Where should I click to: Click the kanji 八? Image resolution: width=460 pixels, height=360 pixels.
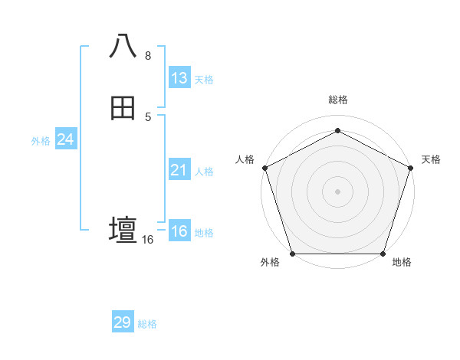click(x=123, y=47)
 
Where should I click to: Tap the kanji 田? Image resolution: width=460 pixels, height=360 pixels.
click(x=123, y=108)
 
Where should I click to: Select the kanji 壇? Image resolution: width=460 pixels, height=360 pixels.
click(x=123, y=230)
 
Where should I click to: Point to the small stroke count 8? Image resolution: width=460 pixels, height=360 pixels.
click(x=148, y=56)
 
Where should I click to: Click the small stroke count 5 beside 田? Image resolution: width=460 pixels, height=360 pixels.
click(x=148, y=116)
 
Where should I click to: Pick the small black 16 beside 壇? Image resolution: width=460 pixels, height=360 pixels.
click(x=148, y=240)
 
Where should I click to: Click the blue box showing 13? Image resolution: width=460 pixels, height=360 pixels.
click(x=179, y=78)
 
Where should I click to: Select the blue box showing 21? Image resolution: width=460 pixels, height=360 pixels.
click(x=179, y=170)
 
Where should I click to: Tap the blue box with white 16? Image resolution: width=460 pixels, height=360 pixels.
click(x=179, y=231)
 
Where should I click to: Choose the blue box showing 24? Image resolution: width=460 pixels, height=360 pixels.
click(x=66, y=139)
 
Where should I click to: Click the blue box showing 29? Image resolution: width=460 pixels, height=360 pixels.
click(x=123, y=322)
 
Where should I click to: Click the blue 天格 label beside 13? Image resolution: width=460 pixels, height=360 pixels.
click(x=204, y=80)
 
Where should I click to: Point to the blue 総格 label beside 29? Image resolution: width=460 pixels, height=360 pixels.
click(x=147, y=324)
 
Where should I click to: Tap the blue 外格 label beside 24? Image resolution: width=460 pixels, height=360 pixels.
click(x=41, y=141)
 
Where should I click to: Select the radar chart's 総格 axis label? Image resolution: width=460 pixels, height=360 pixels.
click(x=337, y=100)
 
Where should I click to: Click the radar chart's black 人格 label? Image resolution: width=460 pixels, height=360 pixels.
click(x=245, y=159)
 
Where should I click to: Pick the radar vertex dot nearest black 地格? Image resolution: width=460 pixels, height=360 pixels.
click(x=383, y=254)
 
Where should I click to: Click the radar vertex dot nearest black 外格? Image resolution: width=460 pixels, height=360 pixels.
click(x=292, y=254)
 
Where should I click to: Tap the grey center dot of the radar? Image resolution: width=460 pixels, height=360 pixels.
click(x=337, y=191)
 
